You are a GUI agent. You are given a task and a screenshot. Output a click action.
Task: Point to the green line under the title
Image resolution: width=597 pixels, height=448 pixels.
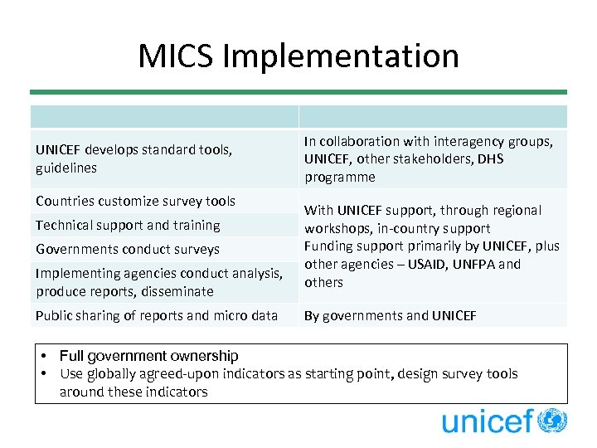[298, 92]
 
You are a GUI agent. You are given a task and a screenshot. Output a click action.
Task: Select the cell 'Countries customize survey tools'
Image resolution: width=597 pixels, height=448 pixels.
[135, 201]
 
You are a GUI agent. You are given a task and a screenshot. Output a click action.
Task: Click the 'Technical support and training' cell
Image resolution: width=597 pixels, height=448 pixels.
[128, 225]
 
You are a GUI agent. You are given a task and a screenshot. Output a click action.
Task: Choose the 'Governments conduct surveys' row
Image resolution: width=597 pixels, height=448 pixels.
[128, 249]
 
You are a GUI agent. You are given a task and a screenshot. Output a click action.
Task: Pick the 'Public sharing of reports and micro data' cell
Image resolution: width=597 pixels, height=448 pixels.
[157, 315]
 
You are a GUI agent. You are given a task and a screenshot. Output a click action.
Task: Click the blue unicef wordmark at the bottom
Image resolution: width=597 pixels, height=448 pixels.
[487, 422]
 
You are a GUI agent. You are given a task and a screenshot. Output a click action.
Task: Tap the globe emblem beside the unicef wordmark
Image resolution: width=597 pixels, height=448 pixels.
[552, 421]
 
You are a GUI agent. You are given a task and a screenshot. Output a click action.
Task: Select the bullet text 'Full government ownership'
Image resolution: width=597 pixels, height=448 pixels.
[149, 356]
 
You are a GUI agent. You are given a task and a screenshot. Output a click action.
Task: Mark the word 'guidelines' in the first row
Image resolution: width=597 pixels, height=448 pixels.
[66, 168]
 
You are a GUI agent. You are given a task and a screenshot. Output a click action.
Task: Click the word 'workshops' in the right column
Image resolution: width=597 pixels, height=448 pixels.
[335, 228]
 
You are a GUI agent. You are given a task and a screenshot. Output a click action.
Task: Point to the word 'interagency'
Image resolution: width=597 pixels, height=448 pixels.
[439, 142]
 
